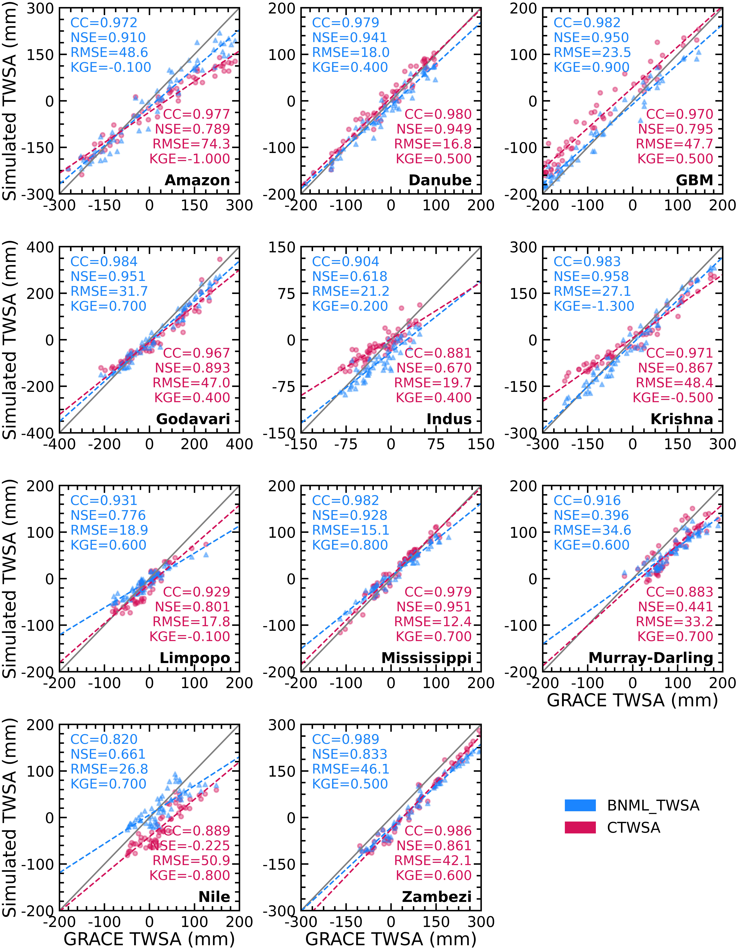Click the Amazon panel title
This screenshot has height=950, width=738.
197,180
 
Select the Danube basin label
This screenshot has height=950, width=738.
440,180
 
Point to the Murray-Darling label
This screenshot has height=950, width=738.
651,658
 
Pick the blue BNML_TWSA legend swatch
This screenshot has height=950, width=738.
580,805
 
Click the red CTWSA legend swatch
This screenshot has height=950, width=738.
580,827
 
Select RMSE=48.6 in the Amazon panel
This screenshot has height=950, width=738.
109,53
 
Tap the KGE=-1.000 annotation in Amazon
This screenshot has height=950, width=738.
190,159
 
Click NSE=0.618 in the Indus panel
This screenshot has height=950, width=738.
350,277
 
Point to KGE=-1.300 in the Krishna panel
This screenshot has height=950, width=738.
594,306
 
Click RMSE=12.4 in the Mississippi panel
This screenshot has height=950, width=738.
433,622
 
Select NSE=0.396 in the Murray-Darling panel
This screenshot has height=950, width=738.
591,515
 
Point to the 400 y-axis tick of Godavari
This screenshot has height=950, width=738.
40,248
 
